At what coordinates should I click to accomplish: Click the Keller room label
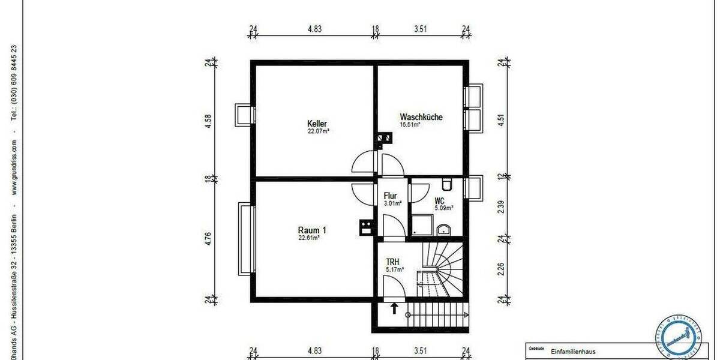tap(317, 124)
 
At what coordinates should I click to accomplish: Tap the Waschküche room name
tap(421, 117)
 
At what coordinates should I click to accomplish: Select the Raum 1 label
tap(312, 230)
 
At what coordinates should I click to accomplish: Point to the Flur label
tap(391, 196)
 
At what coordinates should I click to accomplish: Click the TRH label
tap(393, 262)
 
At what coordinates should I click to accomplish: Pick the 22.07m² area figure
tap(318, 131)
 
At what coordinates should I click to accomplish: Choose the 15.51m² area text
tap(410, 125)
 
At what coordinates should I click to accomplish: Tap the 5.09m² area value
tap(444, 208)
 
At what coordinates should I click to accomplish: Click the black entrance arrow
tap(394, 309)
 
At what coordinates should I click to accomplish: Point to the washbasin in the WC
tap(444, 229)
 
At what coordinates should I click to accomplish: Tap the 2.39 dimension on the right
tap(502, 207)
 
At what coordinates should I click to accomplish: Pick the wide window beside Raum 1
tap(244, 239)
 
